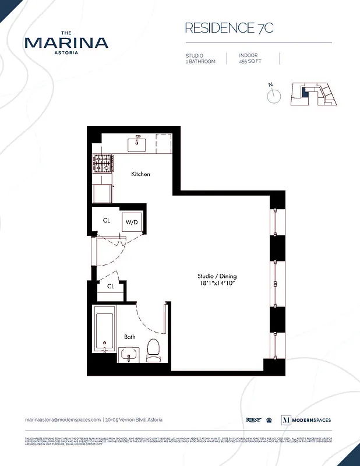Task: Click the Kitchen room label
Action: (140, 174)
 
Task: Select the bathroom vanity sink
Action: (129, 353)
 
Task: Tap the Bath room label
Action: (129, 337)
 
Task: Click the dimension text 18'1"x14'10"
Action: (217, 283)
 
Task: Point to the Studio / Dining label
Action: (217, 276)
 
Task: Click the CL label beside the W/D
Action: (107, 221)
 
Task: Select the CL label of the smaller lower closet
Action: (110, 287)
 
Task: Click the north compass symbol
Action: (274, 95)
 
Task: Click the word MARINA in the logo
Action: (66, 43)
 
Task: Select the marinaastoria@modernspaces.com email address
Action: (63, 419)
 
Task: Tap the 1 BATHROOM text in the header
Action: (201, 61)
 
